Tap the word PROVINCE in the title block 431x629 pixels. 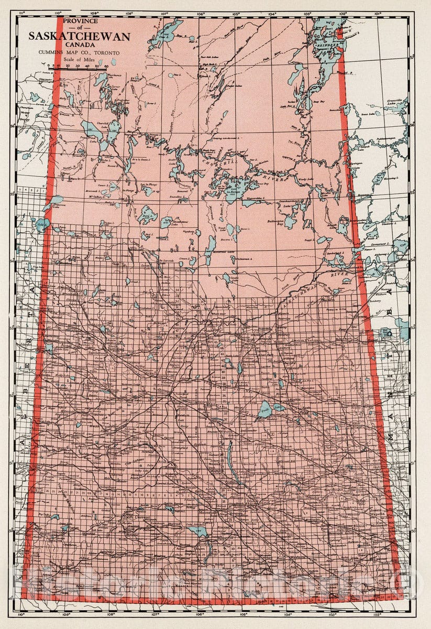point(79,21)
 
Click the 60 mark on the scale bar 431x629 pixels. point(106,67)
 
